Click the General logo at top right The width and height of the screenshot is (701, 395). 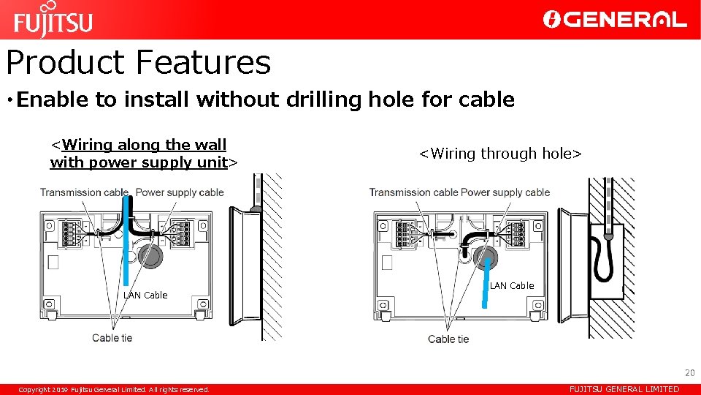[615, 20]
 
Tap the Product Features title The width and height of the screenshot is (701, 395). [139, 62]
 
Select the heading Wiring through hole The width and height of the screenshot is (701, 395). [500, 154]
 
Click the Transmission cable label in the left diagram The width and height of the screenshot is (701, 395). [84, 192]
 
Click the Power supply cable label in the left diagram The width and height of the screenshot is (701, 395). [180, 192]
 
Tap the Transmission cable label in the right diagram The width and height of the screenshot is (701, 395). [413, 192]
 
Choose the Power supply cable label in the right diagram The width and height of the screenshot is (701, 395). [505, 192]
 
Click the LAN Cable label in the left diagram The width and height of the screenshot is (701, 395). [145, 296]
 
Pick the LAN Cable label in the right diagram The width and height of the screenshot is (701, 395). [512, 286]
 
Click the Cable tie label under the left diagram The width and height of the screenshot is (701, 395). [112, 338]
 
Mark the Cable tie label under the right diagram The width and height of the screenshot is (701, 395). [448, 339]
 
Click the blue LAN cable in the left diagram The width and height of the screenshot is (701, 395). [128, 241]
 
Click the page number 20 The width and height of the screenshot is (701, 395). [689, 373]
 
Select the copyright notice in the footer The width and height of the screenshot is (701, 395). [114, 390]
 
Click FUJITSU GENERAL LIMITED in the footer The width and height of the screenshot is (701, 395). [624, 390]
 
